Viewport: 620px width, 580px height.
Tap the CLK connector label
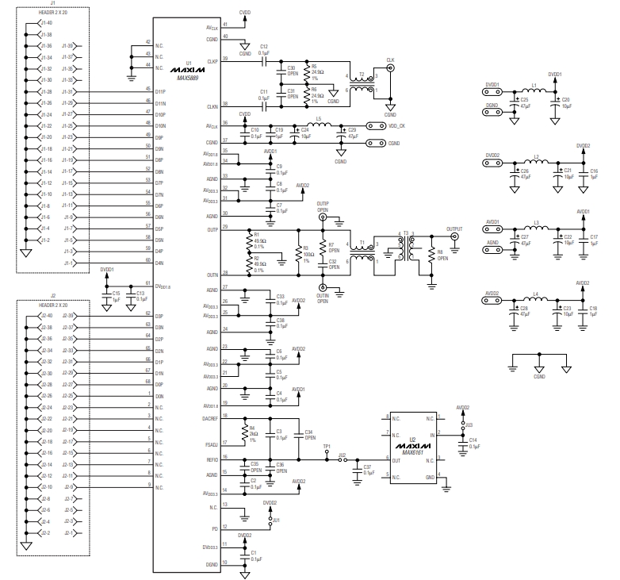click(389, 60)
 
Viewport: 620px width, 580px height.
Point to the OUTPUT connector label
click(454, 229)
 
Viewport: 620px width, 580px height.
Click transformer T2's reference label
click(362, 74)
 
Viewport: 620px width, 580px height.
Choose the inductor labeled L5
click(318, 119)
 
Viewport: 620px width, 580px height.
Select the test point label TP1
click(327, 447)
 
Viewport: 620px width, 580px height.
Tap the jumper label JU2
click(342, 455)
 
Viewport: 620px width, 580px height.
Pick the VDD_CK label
click(398, 125)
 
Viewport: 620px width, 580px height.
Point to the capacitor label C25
click(525, 101)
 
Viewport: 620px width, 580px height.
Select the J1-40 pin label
click(47, 24)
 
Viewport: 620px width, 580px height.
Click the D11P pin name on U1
click(160, 92)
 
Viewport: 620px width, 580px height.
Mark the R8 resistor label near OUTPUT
click(442, 252)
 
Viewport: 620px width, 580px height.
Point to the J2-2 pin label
click(47, 532)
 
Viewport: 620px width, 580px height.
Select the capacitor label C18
click(594, 306)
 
